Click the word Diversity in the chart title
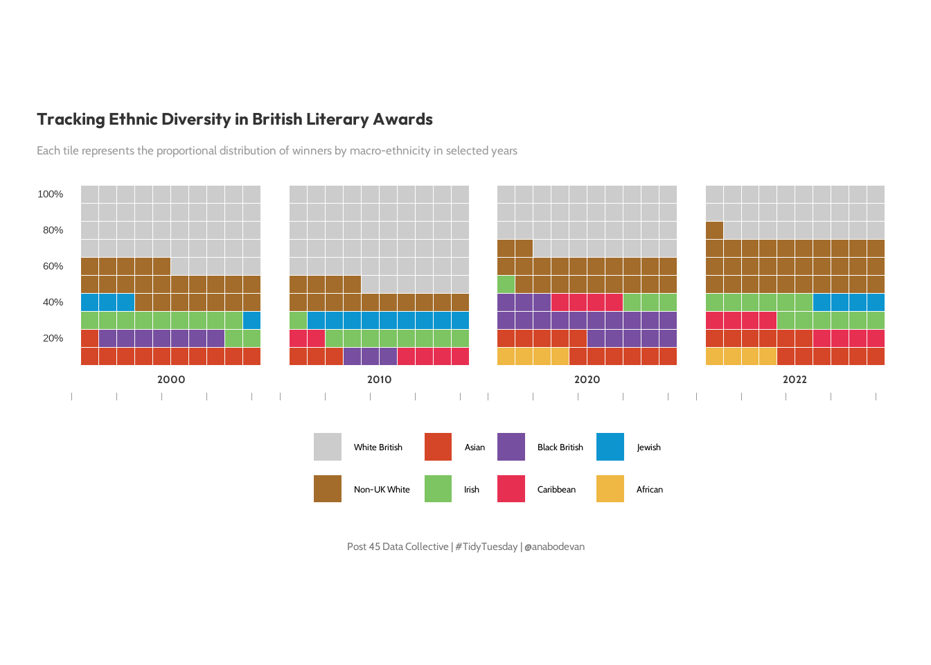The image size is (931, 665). point(197,119)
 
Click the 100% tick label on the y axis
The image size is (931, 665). point(51,194)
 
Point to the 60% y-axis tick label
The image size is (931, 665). point(53,266)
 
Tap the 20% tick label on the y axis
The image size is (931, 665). point(53,338)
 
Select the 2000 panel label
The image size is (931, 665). point(171,380)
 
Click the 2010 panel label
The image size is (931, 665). point(379,380)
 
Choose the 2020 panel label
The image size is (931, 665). point(587,380)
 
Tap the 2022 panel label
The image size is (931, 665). point(795,380)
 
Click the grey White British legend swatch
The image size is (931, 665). point(328,447)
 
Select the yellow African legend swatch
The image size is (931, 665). point(610,489)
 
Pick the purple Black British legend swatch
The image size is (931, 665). point(511,447)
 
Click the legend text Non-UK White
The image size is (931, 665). point(382,490)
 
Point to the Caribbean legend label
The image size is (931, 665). point(556,490)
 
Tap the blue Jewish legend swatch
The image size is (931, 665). point(610,447)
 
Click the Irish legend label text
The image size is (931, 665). point(472,490)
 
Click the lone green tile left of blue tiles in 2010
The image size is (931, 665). point(299,320)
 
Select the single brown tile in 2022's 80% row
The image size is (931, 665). point(714,230)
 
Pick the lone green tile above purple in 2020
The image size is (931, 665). point(506,284)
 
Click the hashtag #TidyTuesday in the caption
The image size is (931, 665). point(486,547)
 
